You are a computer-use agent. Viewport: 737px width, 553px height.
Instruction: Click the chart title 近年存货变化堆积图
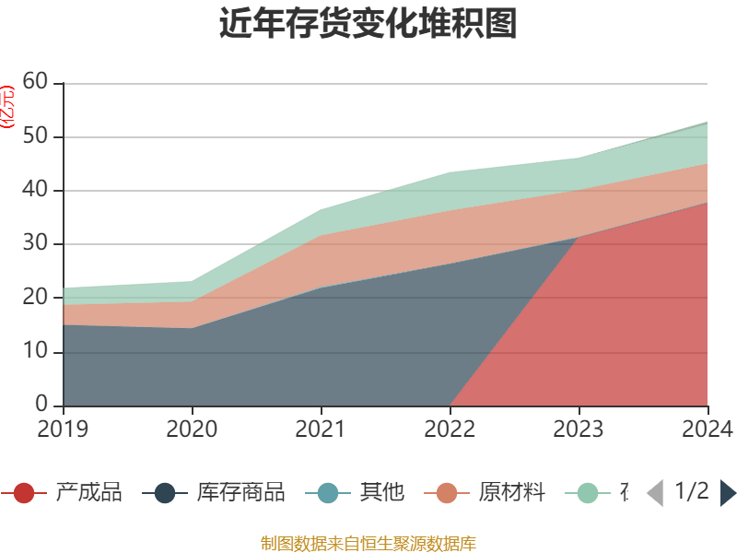coord(368,24)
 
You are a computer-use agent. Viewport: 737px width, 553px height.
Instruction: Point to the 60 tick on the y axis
coord(35,83)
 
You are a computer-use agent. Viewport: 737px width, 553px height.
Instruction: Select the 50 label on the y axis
coord(35,136)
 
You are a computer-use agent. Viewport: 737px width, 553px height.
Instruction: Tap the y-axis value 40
coord(35,191)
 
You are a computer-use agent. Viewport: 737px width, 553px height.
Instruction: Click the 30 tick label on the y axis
coord(35,244)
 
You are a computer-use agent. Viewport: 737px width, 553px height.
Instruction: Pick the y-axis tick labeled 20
coord(35,298)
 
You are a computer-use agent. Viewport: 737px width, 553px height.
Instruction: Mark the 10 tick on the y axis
coord(35,352)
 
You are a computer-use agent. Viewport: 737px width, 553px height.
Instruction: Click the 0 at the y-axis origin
coord(41,405)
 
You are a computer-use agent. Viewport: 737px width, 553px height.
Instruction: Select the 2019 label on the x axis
coord(63,429)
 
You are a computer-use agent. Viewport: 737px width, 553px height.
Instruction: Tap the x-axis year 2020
coord(192,429)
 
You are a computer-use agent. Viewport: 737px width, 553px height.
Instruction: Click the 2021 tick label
coord(321,429)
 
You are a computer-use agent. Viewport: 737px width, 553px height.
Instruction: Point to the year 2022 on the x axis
coord(450,429)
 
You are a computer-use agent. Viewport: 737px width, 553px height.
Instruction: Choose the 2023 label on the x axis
coord(579,429)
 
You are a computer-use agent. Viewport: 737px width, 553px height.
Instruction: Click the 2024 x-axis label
coord(708,429)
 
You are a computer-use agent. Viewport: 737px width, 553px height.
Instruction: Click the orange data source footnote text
coord(368,543)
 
